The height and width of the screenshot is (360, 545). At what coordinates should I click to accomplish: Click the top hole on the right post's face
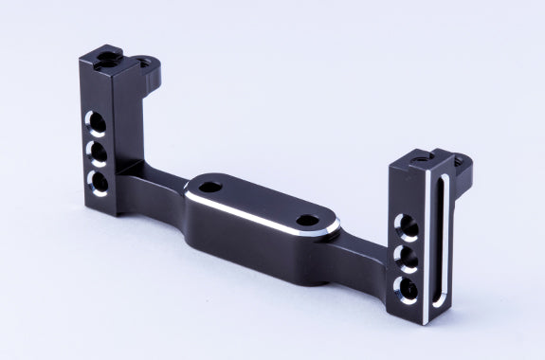point(407,225)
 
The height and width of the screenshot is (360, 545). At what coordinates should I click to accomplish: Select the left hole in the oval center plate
point(209,184)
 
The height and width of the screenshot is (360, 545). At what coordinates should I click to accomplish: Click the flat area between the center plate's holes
point(257,201)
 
